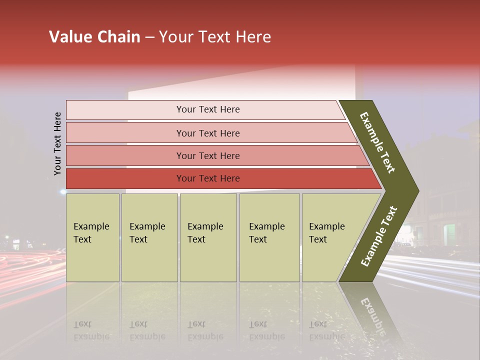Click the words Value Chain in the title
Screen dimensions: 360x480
[94, 37]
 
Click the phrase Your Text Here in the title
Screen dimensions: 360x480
[215, 37]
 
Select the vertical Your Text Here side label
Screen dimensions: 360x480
[58, 143]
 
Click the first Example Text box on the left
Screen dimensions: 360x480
[92, 238]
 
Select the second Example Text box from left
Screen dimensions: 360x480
[149, 238]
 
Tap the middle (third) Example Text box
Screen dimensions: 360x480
[208, 238]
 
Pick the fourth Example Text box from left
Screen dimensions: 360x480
[269, 238]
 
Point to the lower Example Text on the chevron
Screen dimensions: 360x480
[379, 236]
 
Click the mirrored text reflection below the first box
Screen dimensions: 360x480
[91, 330]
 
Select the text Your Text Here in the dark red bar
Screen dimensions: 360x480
[208, 178]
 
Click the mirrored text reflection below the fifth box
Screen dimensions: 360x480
[327, 330]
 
